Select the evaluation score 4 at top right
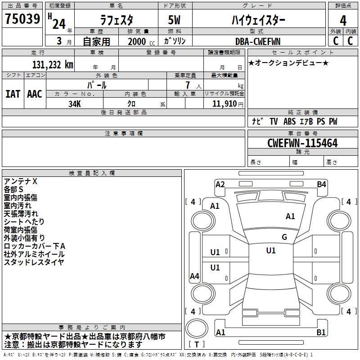tap(343, 20)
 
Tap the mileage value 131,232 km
tap(53, 64)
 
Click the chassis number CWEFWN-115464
tap(302, 143)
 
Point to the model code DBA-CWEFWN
tap(257, 41)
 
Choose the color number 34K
tap(75, 104)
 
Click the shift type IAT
tap(13, 94)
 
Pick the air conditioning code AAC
tap(35, 94)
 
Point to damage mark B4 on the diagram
tap(321, 184)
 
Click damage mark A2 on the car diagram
tap(220, 184)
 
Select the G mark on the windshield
tap(284, 237)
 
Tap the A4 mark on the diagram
tap(194, 276)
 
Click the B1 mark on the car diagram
tap(321, 333)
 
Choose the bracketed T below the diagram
tap(196, 344)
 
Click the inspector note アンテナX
tap(21, 181)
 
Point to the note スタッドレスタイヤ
tap(34, 262)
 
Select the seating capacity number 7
tap(187, 85)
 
